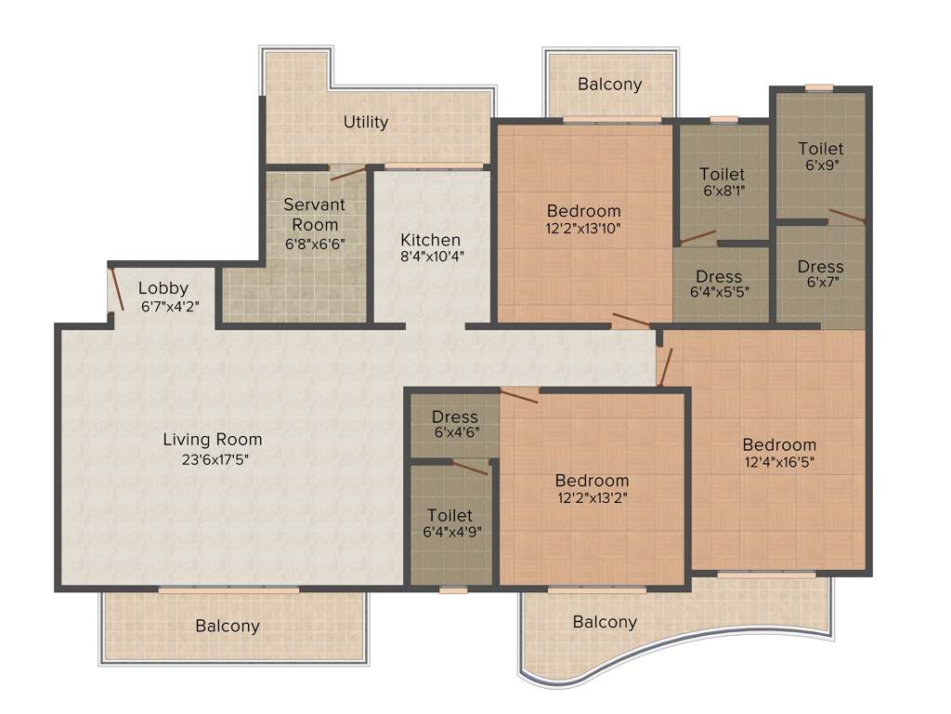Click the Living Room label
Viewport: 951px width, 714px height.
pyautogui.click(x=213, y=439)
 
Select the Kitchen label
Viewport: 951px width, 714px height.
pyautogui.click(x=431, y=240)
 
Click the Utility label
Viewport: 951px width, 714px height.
pyautogui.click(x=366, y=122)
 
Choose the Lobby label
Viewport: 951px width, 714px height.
pyautogui.click(x=163, y=288)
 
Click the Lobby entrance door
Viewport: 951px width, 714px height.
pyautogui.click(x=116, y=289)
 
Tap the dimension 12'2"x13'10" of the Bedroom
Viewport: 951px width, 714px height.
pyautogui.click(x=583, y=229)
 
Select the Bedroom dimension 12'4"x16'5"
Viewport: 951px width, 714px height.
pyautogui.click(x=779, y=462)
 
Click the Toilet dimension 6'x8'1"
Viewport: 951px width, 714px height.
pyautogui.click(x=723, y=192)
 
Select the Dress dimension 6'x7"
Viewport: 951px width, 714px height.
pyautogui.click(x=820, y=284)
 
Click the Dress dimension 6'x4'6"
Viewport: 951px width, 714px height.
pyautogui.click(x=455, y=433)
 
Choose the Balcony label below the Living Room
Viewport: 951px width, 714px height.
pyautogui.click(x=228, y=626)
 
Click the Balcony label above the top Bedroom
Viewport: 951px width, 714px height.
pyautogui.click(x=609, y=84)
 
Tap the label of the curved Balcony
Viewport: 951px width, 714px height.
pyautogui.click(x=605, y=622)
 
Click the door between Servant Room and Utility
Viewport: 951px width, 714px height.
pyautogui.click(x=347, y=172)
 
